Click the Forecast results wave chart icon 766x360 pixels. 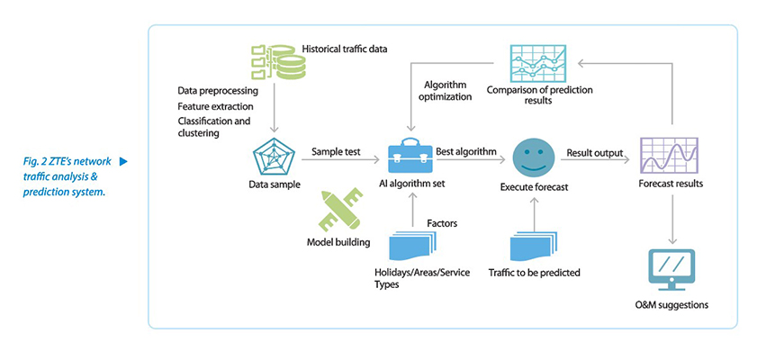click(668, 157)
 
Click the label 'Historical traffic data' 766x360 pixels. click(345, 48)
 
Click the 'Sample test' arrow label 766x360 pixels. click(336, 153)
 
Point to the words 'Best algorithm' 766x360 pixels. click(465, 152)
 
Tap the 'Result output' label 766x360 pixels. click(595, 153)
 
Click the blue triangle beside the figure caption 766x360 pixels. click(123, 161)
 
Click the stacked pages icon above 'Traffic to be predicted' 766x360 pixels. click(533, 245)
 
